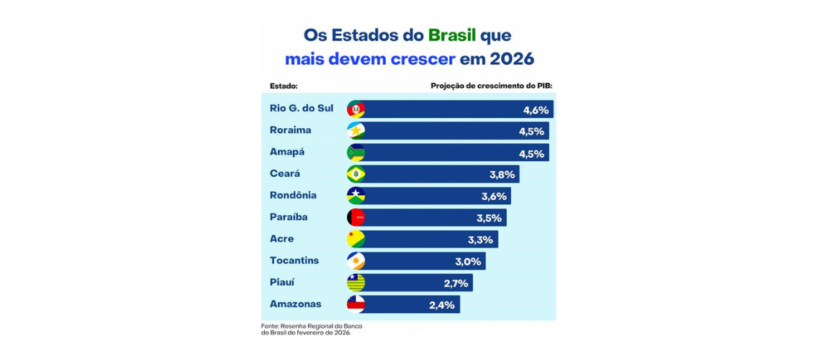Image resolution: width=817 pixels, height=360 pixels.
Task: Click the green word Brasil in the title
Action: tap(452, 35)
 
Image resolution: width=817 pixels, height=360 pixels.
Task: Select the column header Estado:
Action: tap(284, 86)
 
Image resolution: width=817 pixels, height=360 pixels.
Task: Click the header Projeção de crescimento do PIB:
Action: tap(491, 86)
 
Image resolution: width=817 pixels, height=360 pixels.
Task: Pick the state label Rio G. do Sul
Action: tap(302, 109)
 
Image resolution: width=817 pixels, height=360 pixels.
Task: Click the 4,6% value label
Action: tap(536, 110)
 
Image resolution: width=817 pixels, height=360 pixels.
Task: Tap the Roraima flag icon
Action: tap(356, 131)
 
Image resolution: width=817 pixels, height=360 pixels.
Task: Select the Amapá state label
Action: tap(287, 152)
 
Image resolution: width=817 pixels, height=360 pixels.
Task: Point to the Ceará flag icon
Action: tap(356, 174)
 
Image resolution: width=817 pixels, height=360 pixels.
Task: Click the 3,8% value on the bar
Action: tap(502, 175)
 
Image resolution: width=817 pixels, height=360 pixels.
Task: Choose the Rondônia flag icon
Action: tap(356, 196)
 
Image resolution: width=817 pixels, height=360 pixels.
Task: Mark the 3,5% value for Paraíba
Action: tap(489, 218)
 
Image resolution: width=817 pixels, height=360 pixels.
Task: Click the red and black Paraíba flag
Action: tap(356, 217)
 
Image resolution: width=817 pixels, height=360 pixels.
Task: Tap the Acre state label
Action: tap(281, 238)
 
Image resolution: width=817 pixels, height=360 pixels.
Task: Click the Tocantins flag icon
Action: tap(356, 261)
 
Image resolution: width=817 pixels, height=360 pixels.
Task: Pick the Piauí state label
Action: tap(281, 282)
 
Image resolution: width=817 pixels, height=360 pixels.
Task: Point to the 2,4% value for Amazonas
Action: tap(442, 305)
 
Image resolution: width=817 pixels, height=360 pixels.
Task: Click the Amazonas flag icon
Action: tap(356, 304)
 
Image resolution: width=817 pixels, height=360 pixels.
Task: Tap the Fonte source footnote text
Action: tap(311, 329)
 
